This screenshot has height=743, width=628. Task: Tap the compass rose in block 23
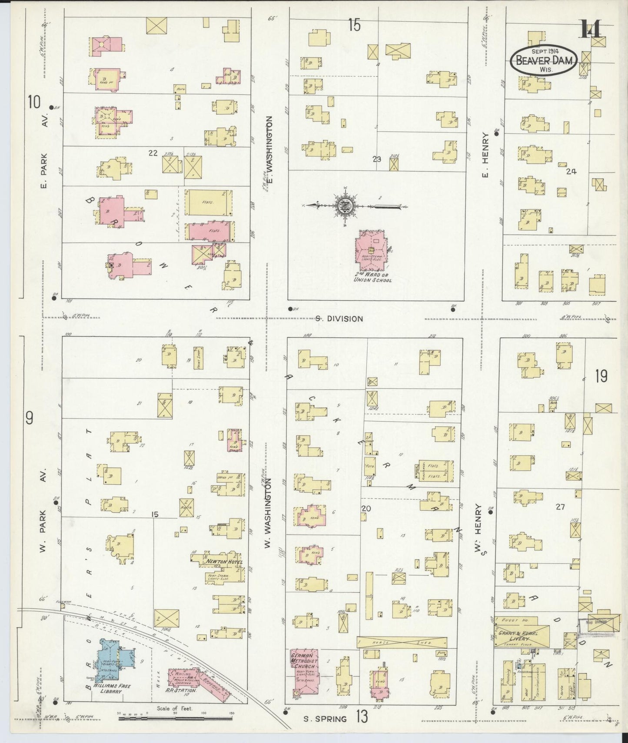pos(342,205)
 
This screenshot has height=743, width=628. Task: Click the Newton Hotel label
pos(221,561)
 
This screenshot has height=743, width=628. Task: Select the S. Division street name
pos(339,318)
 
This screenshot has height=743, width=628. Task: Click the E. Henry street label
pos(485,155)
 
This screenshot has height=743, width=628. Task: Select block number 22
pos(153,153)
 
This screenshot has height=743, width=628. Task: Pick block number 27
pos(560,507)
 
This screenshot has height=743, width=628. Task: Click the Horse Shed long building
pos(401,642)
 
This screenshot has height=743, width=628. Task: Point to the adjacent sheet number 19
pos(601,376)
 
